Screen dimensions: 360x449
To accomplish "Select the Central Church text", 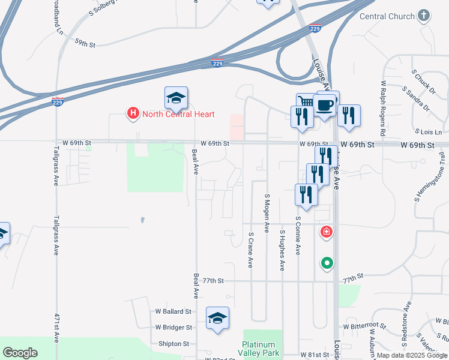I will click(387, 16).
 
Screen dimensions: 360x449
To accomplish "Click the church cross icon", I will click(424, 16).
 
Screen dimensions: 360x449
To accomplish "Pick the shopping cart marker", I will click(306, 101).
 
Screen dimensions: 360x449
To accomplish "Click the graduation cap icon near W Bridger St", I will click(217, 318).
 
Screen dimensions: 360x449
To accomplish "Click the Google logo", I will click(20, 352).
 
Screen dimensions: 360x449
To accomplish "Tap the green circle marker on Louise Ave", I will click(327, 262).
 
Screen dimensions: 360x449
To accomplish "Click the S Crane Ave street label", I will click(250, 250).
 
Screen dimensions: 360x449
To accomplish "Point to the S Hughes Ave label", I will click(282, 250).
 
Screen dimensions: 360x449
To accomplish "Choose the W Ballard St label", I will click(173, 311).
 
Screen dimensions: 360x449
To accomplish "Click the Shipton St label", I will click(173, 344).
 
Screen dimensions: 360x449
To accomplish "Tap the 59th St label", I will click(85, 43).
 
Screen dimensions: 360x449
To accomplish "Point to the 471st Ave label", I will click(56, 336).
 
